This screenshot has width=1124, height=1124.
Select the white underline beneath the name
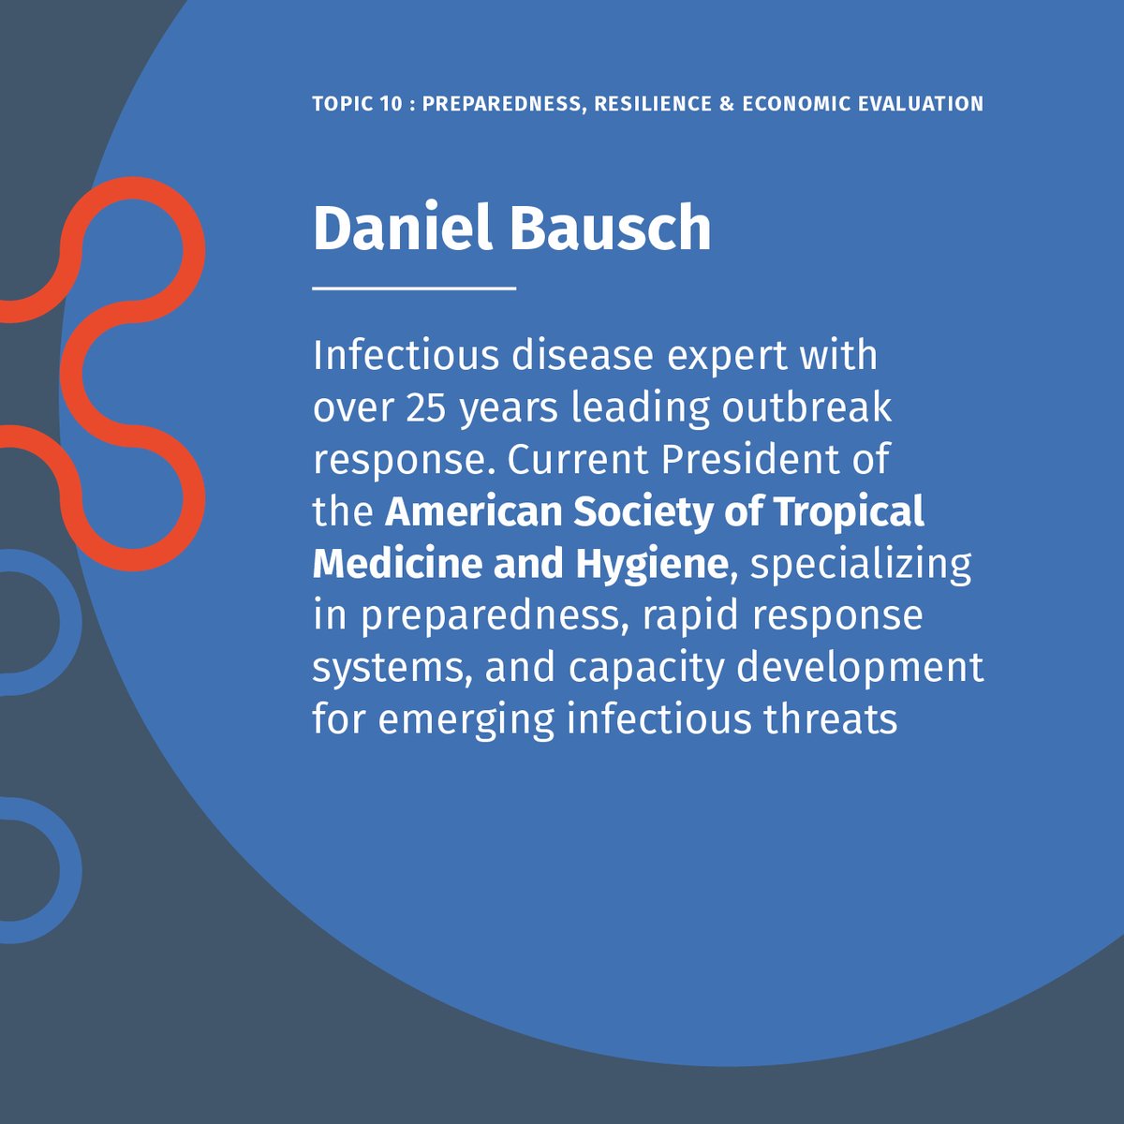pos(414,288)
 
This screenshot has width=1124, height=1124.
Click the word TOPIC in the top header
pos(341,103)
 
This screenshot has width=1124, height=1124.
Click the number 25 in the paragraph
pos(427,407)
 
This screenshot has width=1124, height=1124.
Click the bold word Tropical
pos(849,513)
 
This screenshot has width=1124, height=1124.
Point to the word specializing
pos(862,565)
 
